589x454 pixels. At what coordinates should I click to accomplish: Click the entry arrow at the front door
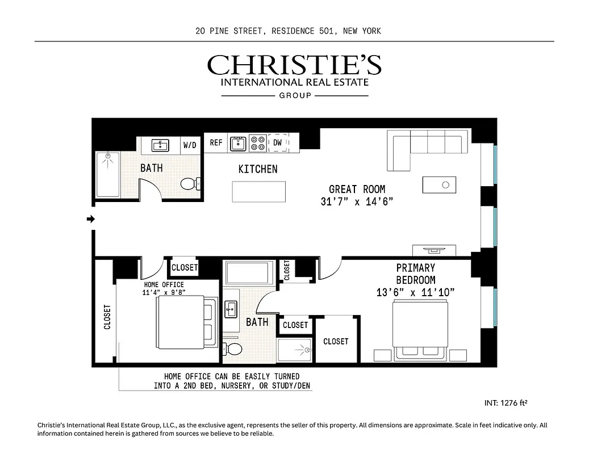point(90,219)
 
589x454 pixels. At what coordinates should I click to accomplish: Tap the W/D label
point(190,145)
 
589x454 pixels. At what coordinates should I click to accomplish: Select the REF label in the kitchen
point(216,143)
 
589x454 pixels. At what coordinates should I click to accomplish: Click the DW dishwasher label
point(277,143)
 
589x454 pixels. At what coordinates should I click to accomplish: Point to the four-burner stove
point(257,143)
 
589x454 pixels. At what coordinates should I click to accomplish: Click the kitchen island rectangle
point(259,191)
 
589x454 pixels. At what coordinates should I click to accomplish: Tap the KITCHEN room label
point(258,169)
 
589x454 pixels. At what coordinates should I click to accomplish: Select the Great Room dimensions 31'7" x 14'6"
point(357,201)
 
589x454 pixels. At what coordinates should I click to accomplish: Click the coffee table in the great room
point(438,185)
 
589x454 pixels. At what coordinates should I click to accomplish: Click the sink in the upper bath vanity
point(160,145)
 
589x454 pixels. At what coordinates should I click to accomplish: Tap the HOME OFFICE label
point(164,284)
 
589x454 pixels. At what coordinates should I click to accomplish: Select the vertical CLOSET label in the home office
point(107,317)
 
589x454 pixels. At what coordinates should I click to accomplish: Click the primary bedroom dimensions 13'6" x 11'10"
point(415,293)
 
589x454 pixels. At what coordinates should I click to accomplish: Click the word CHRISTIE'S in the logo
point(294,65)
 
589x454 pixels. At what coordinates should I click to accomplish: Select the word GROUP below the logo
point(295,96)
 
